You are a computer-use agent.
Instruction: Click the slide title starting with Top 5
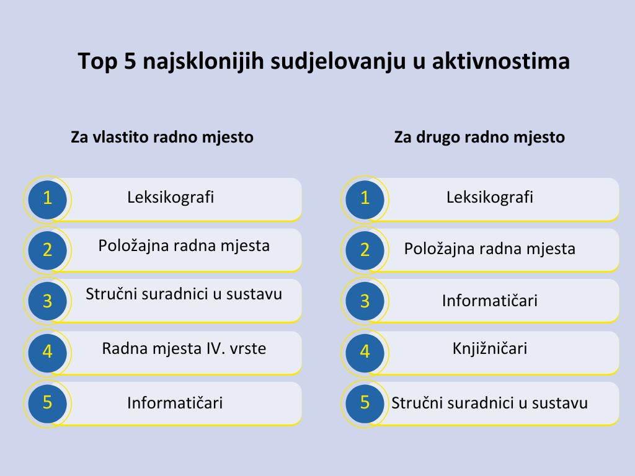[324, 61]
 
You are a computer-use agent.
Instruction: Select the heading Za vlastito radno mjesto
[162, 137]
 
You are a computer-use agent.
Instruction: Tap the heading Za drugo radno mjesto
[479, 137]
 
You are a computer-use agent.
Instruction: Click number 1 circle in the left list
[47, 199]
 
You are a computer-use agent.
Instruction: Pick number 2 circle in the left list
[47, 250]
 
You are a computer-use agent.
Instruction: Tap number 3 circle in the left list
[47, 301]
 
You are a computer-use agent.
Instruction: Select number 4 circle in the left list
[47, 352]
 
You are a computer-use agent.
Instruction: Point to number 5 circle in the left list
[47, 403]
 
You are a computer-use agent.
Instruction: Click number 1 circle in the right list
[365, 199]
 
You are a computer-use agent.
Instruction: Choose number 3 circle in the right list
[365, 301]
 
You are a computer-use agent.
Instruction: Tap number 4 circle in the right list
[365, 352]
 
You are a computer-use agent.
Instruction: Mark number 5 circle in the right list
[365, 403]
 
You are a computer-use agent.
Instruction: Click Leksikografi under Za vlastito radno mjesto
[171, 198]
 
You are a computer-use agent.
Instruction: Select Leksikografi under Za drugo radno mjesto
[490, 198]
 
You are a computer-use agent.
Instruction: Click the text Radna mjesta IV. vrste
[184, 348]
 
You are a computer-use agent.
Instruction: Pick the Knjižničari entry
[490, 348]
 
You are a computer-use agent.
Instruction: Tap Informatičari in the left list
[175, 403]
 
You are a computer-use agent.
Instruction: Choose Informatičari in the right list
[490, 301]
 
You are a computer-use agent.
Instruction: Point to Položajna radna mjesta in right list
[490, 249]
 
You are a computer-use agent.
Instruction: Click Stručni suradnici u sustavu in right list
[489, 403]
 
